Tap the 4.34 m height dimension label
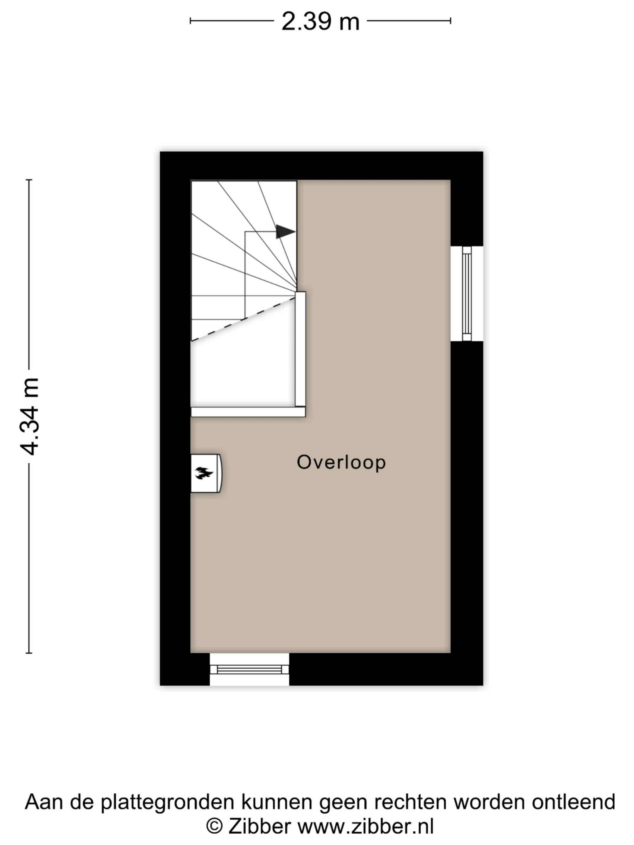click(29, 416)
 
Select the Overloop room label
click(341, 462)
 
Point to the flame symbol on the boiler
click(204, 473)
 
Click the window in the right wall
click(467, 293)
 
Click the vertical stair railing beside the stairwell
click(301, 349)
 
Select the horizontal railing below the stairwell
click(248, 412)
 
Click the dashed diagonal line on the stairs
click(243, 319)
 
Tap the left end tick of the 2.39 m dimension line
click(190, 21)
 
